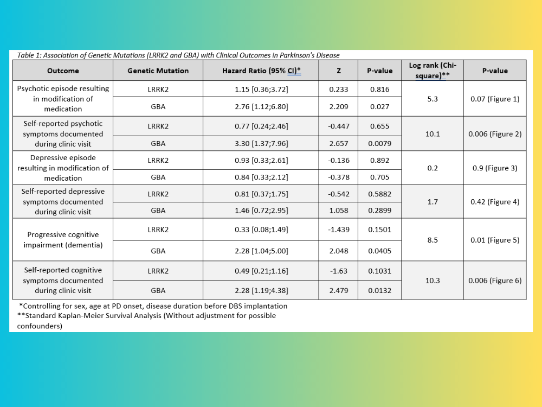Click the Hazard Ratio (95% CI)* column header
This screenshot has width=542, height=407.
coord(261,71)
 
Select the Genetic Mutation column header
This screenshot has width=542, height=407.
coord(158,71)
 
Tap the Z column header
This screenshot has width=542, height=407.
coord(339,71)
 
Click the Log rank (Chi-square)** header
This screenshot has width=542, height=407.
coord(433,71)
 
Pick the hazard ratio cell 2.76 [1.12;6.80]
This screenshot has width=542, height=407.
coord(261,107)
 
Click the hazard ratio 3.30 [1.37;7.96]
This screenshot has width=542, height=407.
coord(261,144)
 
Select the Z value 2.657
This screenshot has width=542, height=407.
coord(339,144)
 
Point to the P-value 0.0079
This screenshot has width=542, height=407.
coord(379,144)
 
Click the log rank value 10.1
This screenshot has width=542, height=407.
coord(433,133)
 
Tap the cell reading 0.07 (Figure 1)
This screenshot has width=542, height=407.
coord(495,99)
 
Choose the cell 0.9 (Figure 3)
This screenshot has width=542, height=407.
coord(495,168)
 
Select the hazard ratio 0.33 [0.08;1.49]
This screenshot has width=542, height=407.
coord(261,230)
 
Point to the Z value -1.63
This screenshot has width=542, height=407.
coord(339,271)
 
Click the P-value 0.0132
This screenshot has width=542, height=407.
coord(379,290)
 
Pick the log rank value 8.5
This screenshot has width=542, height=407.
coord(433,239)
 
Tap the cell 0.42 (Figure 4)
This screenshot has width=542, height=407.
coord(495,202)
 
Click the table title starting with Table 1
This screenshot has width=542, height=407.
coord(178,55)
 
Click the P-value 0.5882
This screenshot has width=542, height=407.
coord(379,194)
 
